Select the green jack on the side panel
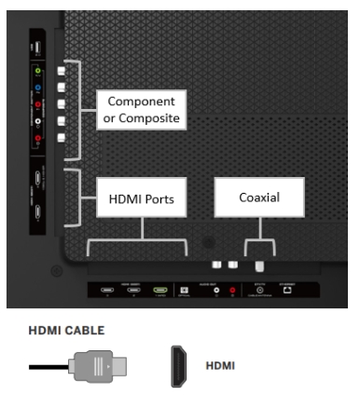[x=35, y=70]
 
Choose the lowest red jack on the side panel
[x=35, y=138]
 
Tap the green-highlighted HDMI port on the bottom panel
[x=159, y=291]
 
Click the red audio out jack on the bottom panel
[x=232, y=291]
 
